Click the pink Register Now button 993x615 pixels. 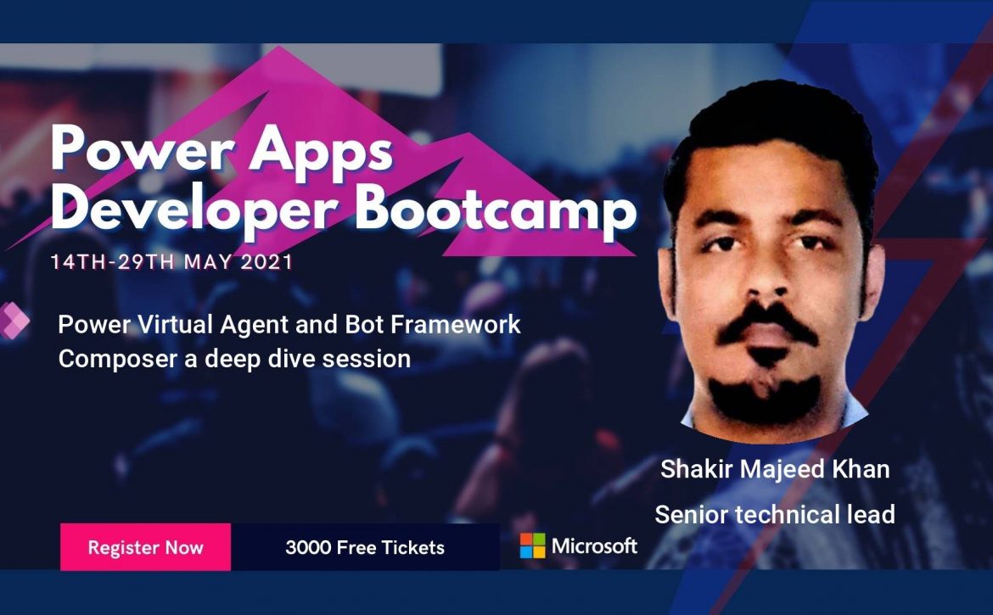[146, 547]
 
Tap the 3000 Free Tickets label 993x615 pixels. [365, 547]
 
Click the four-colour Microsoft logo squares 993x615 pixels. [533, 545]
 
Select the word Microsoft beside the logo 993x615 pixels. [594, 545]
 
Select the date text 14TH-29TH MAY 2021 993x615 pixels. [171, 262]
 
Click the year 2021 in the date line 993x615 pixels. [266, 262]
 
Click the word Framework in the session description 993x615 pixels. [455, 325]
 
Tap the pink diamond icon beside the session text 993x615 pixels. [14, 321]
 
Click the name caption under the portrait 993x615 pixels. [775, 469]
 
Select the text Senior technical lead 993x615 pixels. [775, 514]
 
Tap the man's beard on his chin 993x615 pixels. [766, 399]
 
